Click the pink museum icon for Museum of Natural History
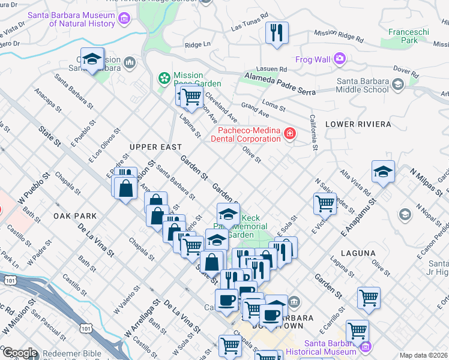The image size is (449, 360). (x=124, y=19)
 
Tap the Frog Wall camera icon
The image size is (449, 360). (x=340, y=59)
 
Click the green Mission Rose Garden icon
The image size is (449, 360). (x=163, y=78)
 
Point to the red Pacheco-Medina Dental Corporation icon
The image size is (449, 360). (x=290, y=133)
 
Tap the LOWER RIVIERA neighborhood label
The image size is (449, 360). (x=358, y=124)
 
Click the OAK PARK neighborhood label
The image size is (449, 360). (x=71, y=215)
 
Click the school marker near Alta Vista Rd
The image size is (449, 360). (x=383, y=172)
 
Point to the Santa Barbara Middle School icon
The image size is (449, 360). (x=397, y=86)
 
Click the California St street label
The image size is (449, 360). (x=313, y=133)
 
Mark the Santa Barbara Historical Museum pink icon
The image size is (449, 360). (x=366, y=347)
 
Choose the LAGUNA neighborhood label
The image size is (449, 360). (x=358, y=253)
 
